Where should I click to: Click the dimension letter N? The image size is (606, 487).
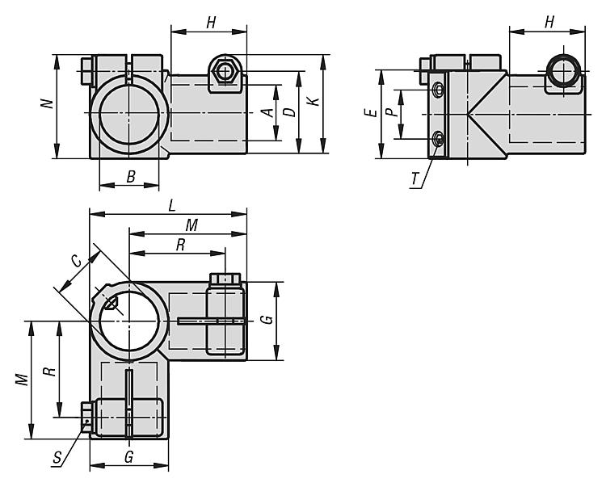click(48, 103)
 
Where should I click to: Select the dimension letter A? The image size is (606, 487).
click(267, 112)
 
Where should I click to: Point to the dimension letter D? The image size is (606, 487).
click(290, 112)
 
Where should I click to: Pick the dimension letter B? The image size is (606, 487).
click(131, 177)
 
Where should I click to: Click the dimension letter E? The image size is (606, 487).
click(371, 113)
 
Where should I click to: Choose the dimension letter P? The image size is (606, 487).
click(391, 112)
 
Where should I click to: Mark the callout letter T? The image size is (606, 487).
click(415, 178)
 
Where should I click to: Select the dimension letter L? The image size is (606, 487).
click(172, 206)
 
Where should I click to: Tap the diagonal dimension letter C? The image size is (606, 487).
click(77, 262)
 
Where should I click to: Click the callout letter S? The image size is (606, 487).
click(57, 458)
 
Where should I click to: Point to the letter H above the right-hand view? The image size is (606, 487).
click(549, 23)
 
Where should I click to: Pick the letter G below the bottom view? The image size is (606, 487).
click(128, 457)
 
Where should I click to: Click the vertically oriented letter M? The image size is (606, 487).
click(23, 380)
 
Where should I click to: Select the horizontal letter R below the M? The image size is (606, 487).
click(180, 245)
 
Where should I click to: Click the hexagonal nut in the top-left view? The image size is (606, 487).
click(223, 72)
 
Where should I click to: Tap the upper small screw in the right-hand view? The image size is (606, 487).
click(438, 90)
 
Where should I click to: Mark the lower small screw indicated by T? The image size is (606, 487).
click(438, 139)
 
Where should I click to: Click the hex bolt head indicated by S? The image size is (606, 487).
click(86, 417)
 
